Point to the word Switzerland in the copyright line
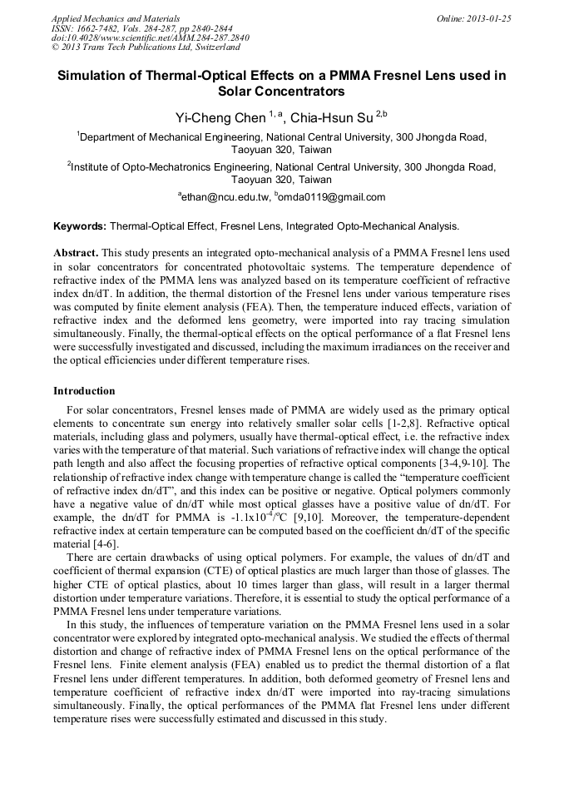point(214,48)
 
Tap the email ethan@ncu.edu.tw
point(225,197)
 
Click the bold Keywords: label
point(80,226)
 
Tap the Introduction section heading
point(84,391)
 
